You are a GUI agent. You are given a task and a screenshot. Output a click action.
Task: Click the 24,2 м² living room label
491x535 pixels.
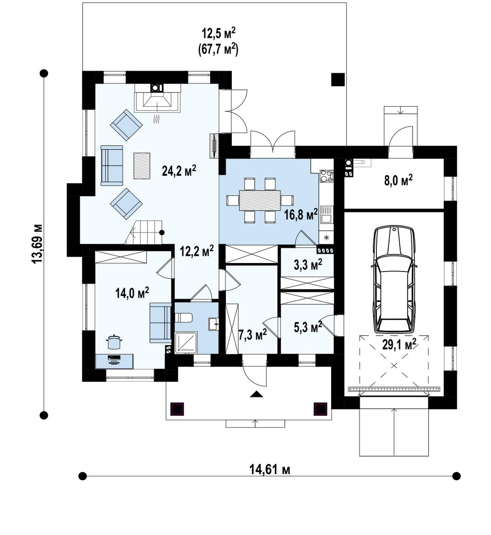coord(179,171)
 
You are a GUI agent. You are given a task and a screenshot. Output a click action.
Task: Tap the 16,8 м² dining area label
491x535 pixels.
coord(301,214)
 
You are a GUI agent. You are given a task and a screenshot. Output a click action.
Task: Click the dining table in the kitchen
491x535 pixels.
coord(260,200)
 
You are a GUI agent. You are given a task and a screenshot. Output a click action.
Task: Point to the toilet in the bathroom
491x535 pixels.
coord(184,318)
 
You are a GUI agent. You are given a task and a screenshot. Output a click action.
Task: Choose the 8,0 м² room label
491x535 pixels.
coord(399,181)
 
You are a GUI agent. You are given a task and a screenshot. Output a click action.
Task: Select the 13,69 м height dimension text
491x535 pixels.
coord(37,244)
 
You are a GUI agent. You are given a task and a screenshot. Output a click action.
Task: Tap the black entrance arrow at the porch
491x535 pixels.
coord(257,394)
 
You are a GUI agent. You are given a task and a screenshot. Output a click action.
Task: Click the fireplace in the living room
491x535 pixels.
coord(158,98)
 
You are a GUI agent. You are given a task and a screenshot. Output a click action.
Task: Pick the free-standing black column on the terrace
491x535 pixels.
coord(338,79)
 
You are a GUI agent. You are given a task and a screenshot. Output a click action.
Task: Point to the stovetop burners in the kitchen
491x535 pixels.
coord(326,176)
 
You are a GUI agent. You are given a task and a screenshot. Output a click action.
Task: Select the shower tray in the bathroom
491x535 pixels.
coord(186,342)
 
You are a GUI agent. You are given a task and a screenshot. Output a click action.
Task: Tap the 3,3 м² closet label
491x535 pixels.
coord(308,265)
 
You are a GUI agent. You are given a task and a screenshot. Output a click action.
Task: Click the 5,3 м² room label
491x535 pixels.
coord(308,327)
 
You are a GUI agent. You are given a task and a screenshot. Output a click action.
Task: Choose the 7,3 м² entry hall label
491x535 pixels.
coord(252,335)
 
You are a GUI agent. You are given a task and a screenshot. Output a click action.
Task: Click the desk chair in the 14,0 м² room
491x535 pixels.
coord(114,342)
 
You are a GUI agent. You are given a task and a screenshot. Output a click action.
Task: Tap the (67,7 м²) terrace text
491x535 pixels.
coord(218,49)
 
